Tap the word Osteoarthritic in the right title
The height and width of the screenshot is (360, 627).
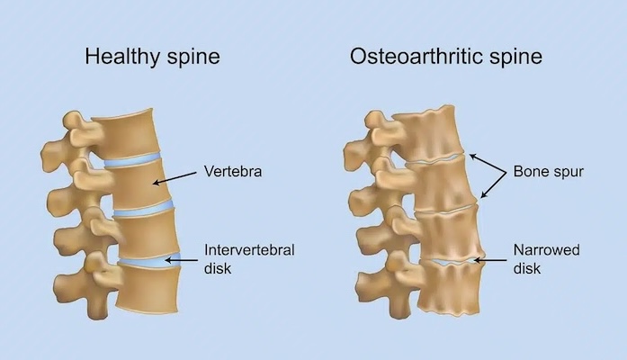[417, 56]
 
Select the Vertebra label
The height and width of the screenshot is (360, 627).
[233, 171]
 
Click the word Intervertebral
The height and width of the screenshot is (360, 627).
[249, 250]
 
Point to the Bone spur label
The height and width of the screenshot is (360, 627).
[548, 172]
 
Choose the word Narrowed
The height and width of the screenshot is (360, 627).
[546, 250]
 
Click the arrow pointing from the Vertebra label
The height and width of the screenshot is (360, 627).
[175, 178]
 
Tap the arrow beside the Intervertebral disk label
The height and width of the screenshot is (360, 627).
[181, 260]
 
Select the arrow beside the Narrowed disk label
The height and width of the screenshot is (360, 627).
[490, 260]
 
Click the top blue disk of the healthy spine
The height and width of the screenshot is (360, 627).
[132, 159]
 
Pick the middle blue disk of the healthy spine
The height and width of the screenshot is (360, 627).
[144, 208]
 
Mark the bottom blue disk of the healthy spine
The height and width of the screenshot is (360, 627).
[149, 259]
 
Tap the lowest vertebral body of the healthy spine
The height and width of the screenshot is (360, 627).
[148, 289]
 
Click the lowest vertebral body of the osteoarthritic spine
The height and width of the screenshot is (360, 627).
[449, 287]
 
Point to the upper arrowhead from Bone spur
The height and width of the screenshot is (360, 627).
[473, 157]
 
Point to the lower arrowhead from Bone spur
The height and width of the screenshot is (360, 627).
[484, 194]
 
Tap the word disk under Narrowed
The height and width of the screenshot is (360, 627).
[526, 268]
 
